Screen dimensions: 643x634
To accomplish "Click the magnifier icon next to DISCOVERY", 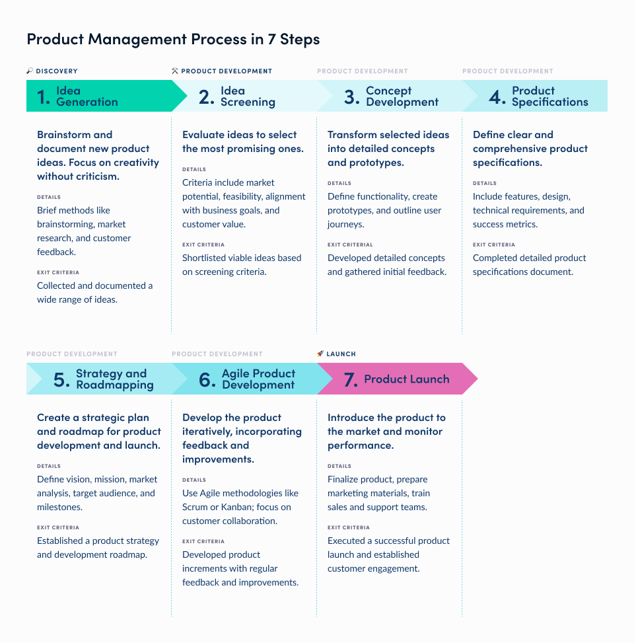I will (x=30, y=71).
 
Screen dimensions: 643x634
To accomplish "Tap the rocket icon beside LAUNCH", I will (x=320, y=354).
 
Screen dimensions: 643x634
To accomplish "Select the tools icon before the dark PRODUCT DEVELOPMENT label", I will (x=175, y=71).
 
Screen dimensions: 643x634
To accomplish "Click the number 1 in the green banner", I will (x=43, y=97).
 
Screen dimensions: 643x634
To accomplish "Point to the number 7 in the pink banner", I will (x=350, y=380).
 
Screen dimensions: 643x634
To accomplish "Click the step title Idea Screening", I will (x=248, y=96).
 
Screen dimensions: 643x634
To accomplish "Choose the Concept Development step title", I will (x=402, y=96).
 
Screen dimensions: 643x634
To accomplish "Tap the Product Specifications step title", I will (x=549, y=96).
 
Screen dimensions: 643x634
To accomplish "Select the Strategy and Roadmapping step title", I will (x=114, y=379).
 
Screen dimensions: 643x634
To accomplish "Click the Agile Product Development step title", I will (x=258, y=379).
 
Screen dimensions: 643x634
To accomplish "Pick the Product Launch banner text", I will (x=406, y=379).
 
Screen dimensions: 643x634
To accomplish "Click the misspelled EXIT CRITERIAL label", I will (x=350, y=245).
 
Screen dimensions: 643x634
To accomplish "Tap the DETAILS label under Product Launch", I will (x=339, y=466).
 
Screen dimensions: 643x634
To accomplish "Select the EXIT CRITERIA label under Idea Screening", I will (x=203, y=245).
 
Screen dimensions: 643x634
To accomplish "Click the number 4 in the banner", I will (x=497, y=97).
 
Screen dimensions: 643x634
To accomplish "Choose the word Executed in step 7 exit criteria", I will (x=346, y=541).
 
